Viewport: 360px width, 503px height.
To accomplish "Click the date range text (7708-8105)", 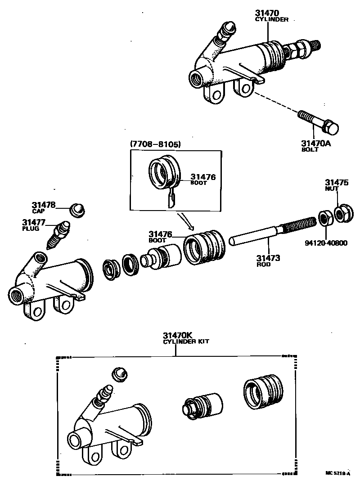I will (x=155, y=144).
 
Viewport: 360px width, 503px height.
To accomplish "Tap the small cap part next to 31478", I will (x=79, y=209).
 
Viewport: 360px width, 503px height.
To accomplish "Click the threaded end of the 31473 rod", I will (x=299, y=225).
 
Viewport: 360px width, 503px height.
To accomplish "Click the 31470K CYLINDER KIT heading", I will (x=185, y=338).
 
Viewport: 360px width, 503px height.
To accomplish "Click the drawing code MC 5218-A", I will (x=337, y=473).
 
